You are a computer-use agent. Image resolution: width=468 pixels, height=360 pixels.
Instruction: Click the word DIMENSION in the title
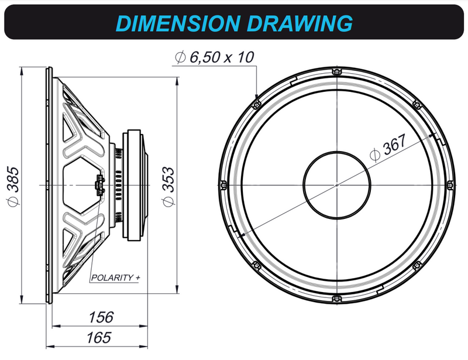[x=178, y=23]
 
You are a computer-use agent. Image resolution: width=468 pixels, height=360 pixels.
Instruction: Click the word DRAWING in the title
[x=300, y=23]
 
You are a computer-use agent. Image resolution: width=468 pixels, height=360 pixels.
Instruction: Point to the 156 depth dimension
[x=101, y=317]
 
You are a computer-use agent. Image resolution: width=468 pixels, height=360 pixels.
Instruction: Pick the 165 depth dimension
[x=99, y=337]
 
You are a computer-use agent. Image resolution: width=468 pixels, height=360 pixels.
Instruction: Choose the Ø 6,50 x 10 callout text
[x=214, y=57]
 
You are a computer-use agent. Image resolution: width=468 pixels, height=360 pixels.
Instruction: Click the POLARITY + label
[x=115, y=277]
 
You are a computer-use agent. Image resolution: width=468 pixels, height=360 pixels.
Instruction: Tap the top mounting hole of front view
[x=336, y=72]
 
